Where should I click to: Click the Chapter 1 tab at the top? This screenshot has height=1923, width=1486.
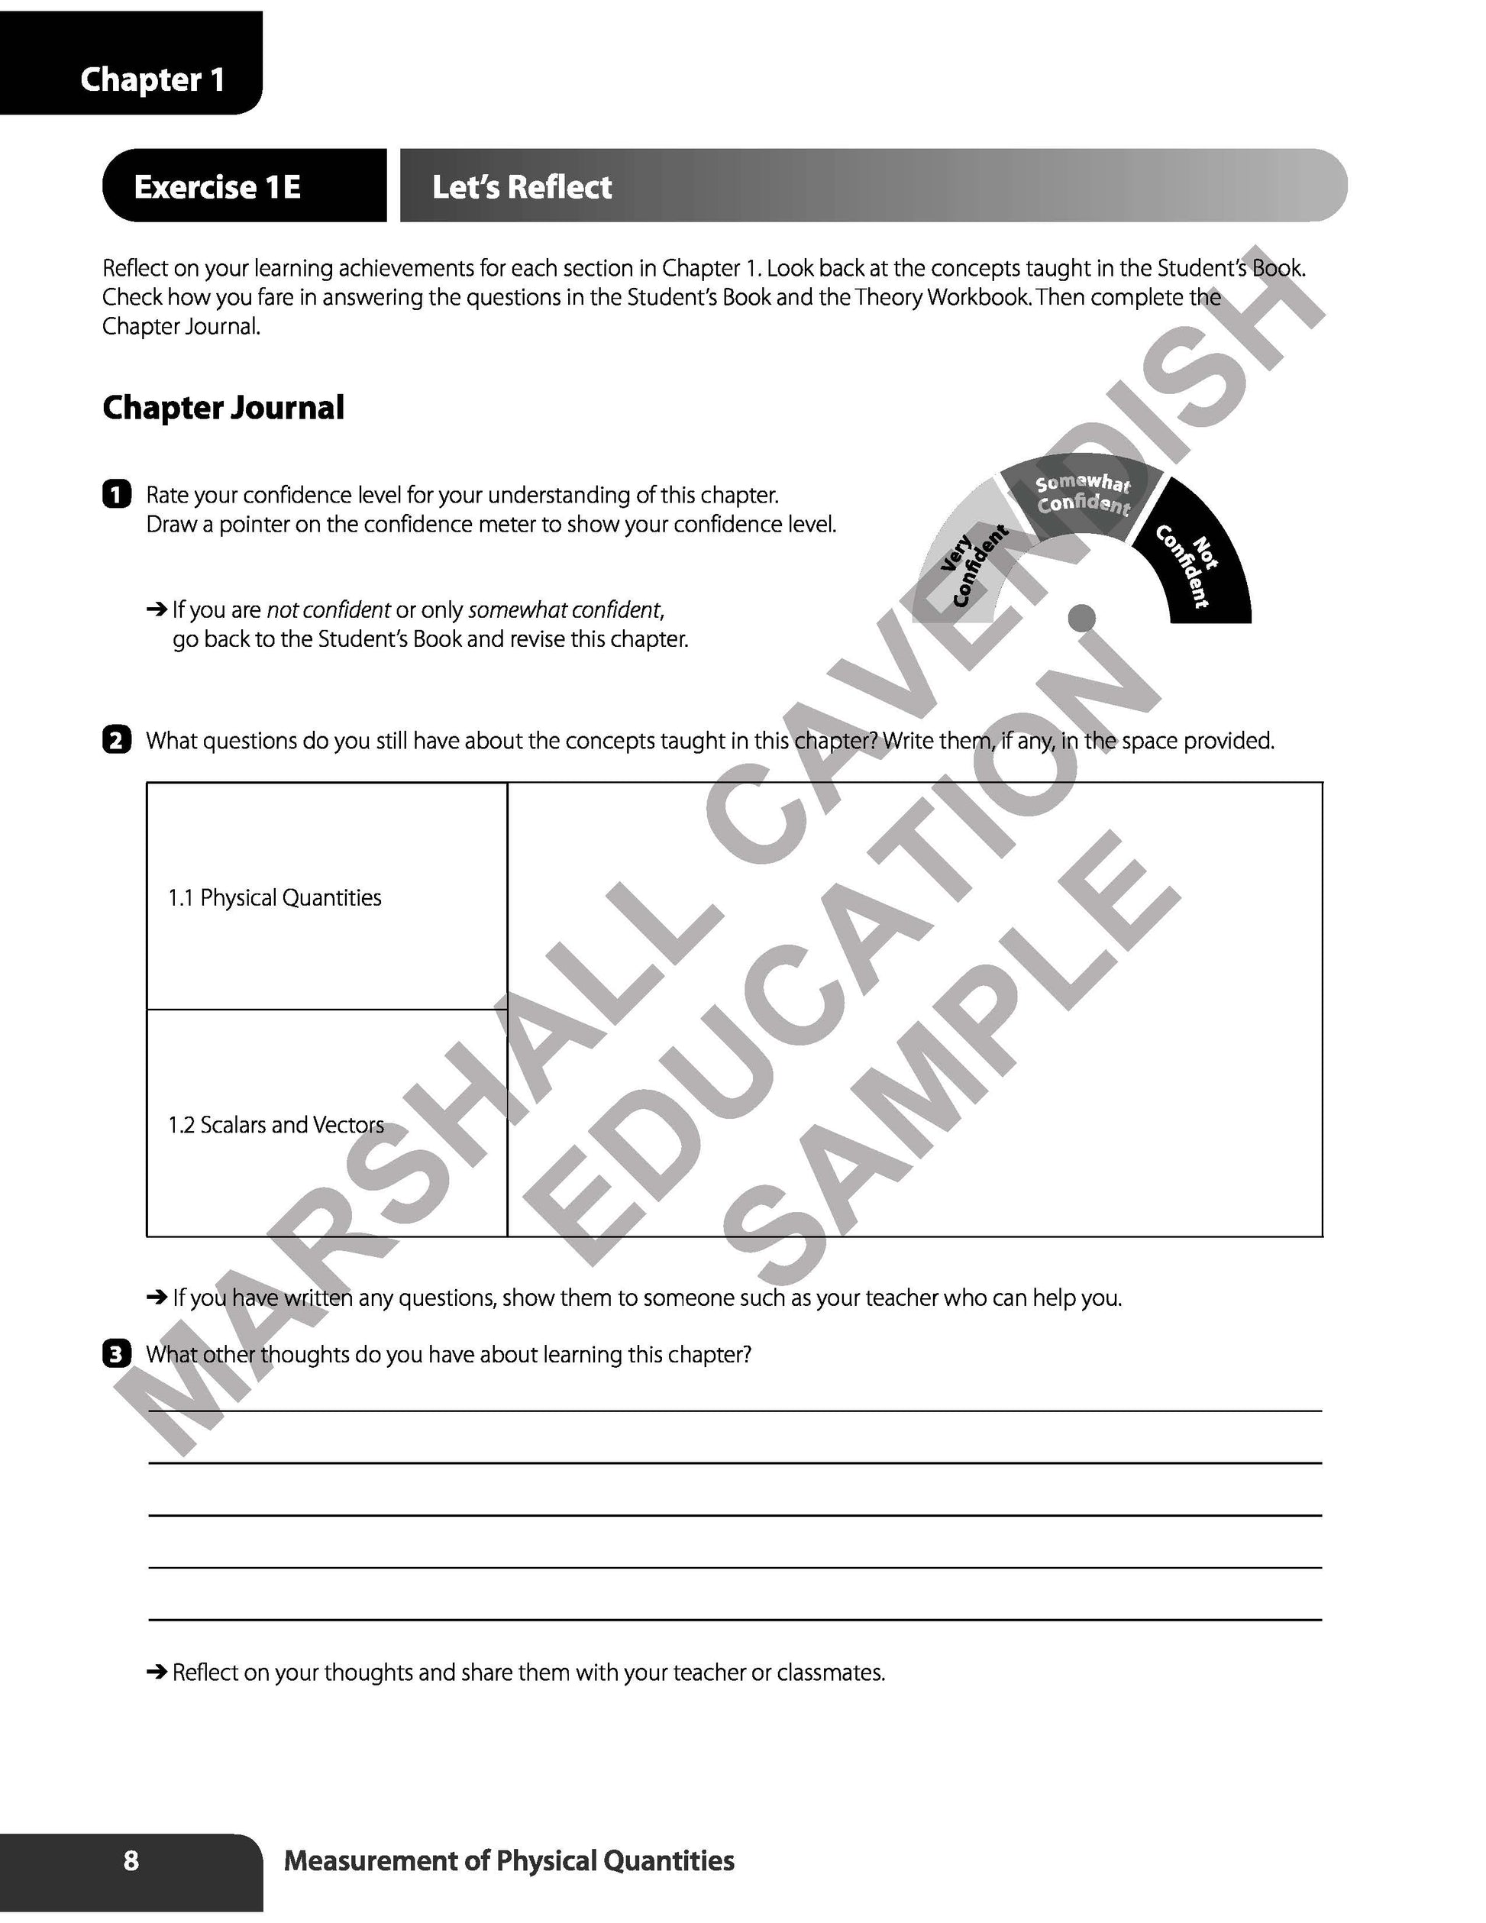(151, 79)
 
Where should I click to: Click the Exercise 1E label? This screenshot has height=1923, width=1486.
(217, 186)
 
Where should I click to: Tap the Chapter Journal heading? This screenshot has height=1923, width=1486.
(223, 408)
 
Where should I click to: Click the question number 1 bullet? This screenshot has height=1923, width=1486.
(116, 495)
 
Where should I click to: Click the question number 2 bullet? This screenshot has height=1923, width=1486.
(116, 741)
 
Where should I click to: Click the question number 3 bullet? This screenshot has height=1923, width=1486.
(116, 1353)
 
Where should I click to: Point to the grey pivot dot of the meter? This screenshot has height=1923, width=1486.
(1081, 618)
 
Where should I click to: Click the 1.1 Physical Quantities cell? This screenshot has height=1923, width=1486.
(275, 898)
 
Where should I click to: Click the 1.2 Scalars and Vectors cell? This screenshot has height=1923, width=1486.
(276, 1125)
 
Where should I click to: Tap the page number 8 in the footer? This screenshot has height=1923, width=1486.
(131, 1860)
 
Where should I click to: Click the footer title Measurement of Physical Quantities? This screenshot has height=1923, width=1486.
(509, 1860)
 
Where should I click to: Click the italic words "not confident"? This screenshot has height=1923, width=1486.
(328, 610)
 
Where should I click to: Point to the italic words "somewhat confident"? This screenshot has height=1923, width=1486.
(564, 610)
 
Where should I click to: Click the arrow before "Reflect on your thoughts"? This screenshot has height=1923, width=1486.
(157, 1672)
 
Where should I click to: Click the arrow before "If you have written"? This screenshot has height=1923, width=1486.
(157, 1297)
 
